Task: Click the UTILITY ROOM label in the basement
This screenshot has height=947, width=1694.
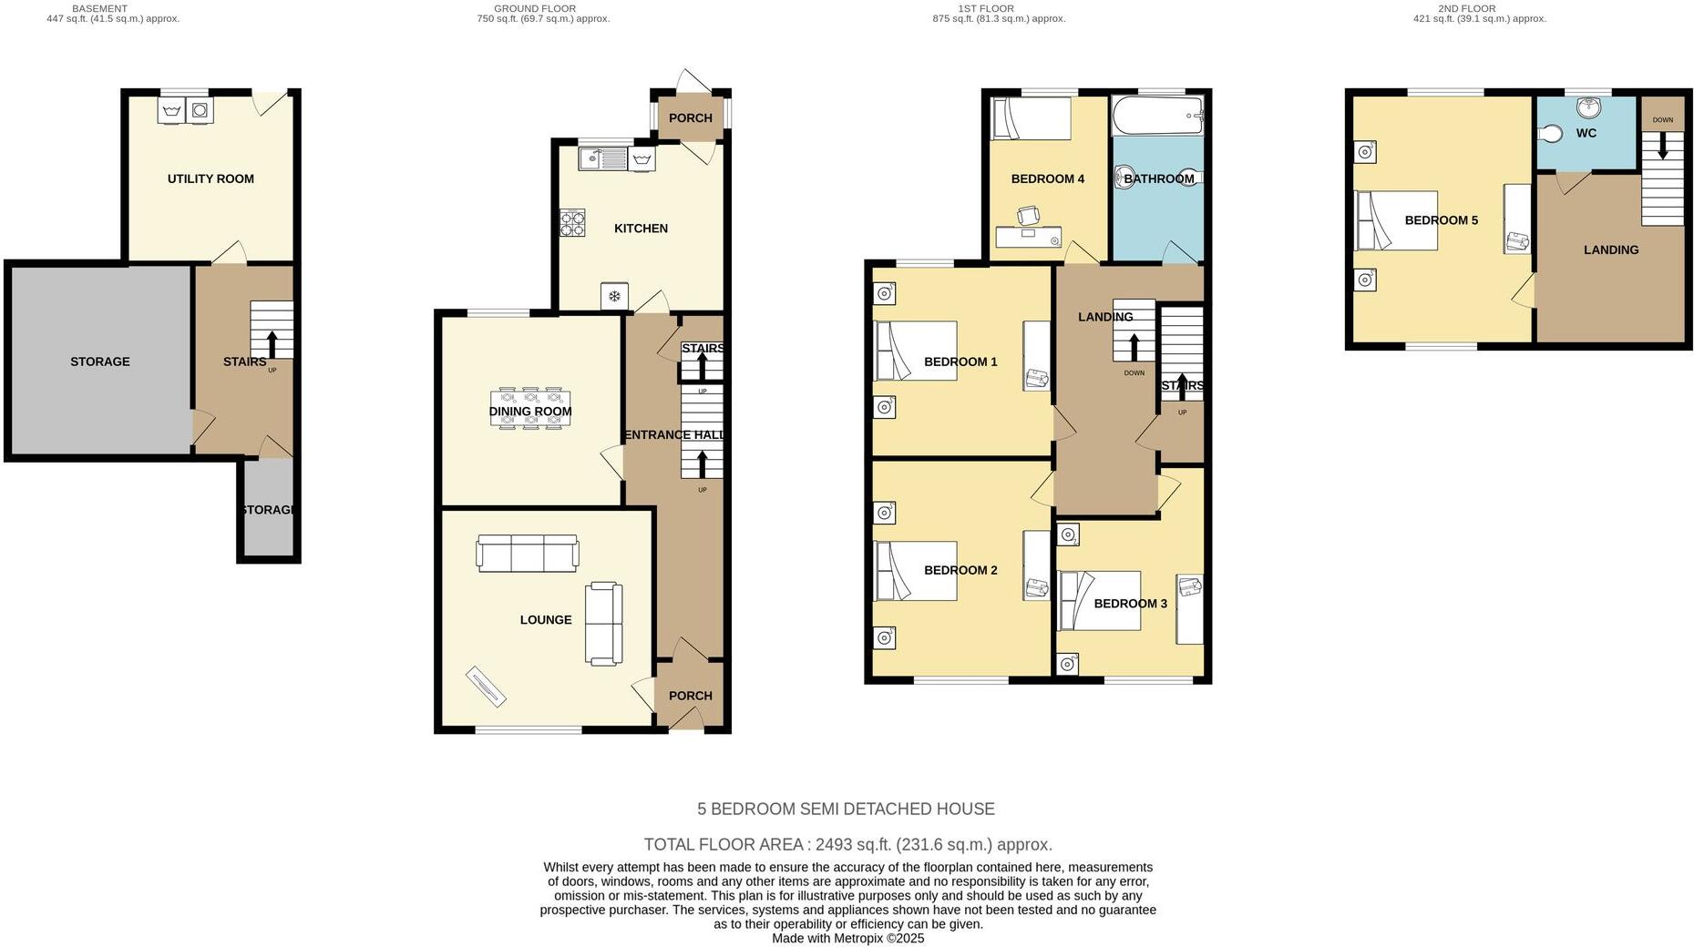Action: [210, 179]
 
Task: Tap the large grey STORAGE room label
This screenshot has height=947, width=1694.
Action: [100, 362]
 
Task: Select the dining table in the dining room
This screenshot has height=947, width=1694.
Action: [530, 409]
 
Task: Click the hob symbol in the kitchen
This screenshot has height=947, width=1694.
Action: [572, 223]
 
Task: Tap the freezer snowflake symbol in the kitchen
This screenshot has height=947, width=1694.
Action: [614, 296]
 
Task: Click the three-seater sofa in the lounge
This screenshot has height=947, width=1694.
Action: [528, 553]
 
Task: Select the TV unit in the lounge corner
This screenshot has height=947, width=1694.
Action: [486, 686]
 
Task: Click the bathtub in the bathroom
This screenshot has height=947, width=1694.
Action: [1157, 116]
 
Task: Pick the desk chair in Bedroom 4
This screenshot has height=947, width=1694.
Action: [1028, 216]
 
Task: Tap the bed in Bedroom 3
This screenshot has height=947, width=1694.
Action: [1099, 600]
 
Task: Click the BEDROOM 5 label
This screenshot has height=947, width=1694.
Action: [1441, 220]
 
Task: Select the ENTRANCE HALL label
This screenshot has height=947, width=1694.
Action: [674, 435]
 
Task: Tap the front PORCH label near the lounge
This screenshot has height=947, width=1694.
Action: [690, 696]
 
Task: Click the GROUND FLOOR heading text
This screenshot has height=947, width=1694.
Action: [535, 8]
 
